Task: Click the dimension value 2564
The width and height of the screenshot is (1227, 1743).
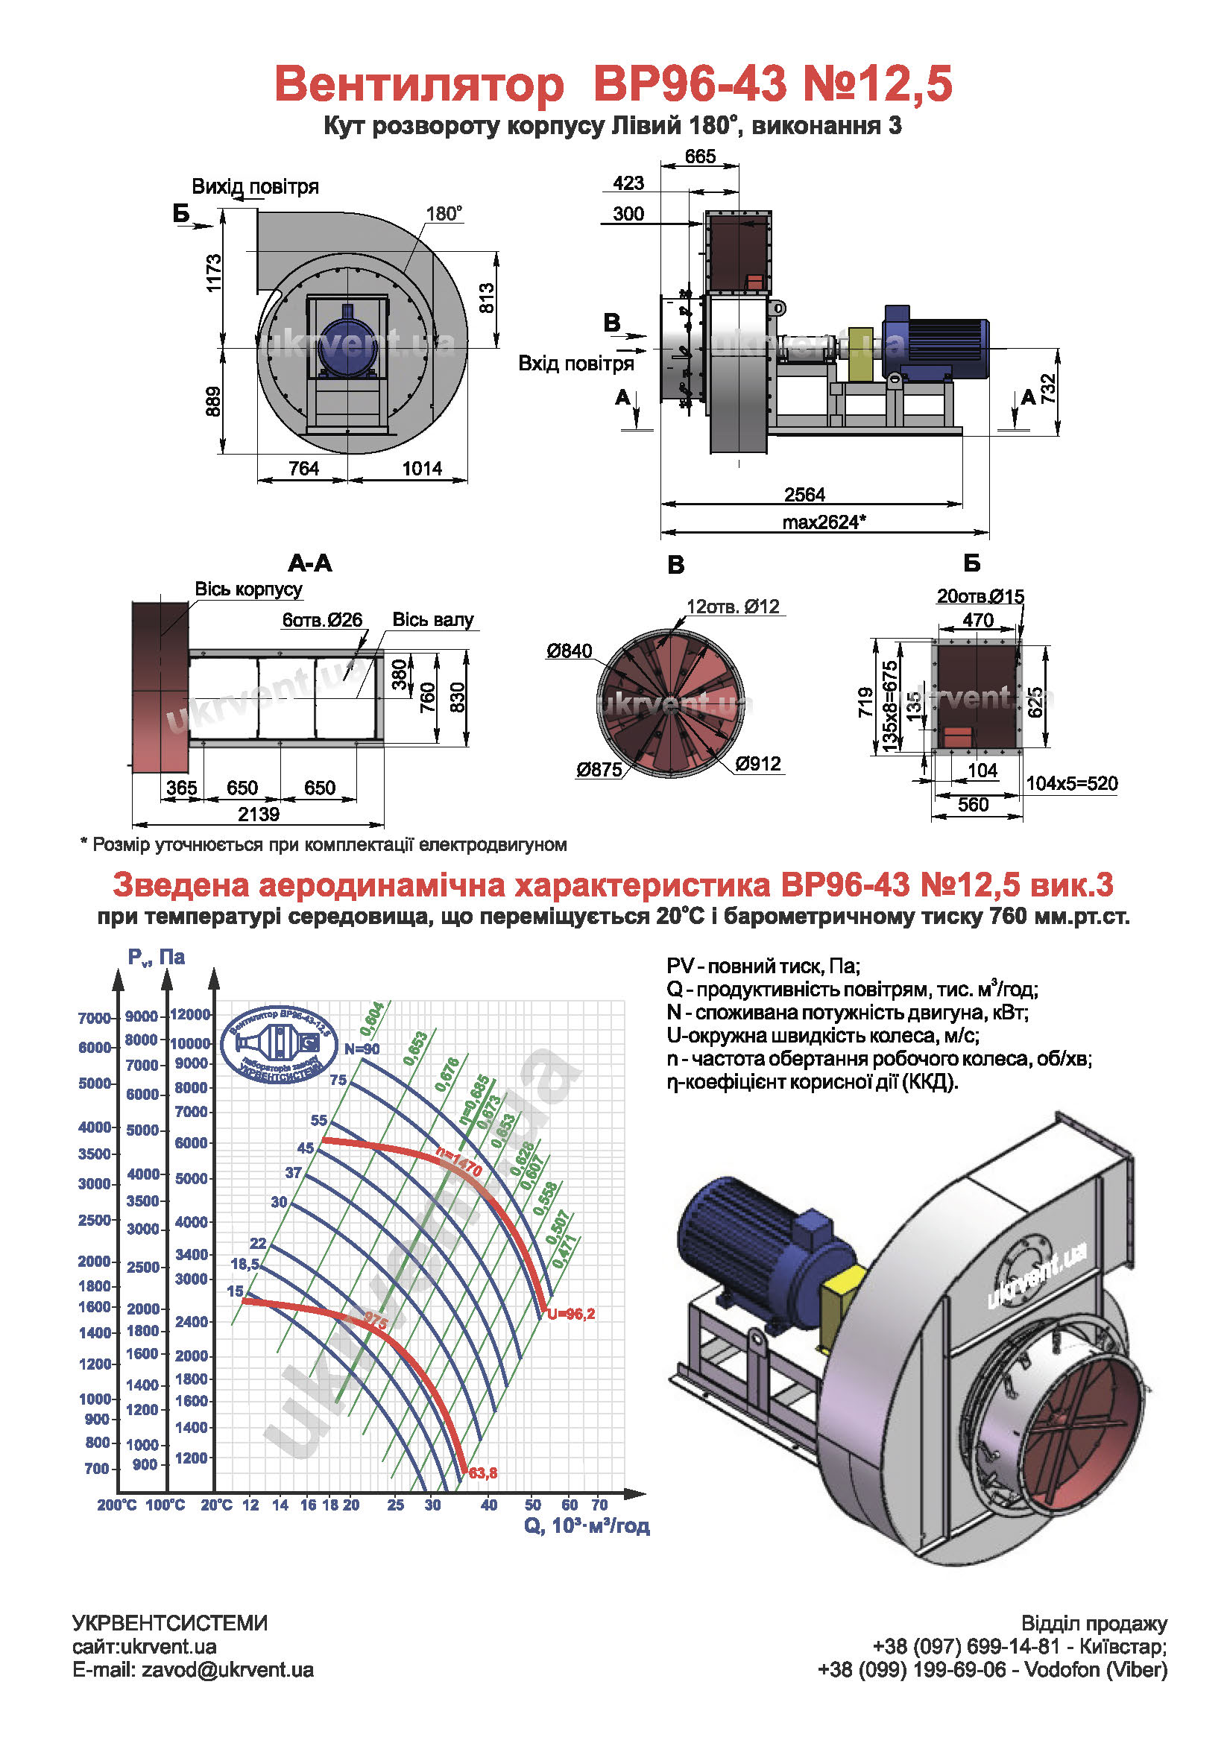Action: [804, 494]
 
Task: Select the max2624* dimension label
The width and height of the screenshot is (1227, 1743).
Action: [824, 522]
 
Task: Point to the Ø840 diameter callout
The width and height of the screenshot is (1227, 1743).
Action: [569, 651]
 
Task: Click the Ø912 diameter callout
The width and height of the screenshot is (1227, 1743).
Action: [758, 763]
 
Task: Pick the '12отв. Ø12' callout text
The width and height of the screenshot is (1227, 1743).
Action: [733, 606]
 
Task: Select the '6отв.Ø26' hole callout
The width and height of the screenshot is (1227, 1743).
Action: [322, 619]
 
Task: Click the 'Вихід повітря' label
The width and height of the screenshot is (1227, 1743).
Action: [255, 186]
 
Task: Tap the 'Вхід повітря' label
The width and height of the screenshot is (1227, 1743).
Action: [575, 363]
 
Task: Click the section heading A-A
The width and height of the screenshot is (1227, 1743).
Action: [310, 563]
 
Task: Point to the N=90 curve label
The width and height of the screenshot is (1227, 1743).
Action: [362, 1048]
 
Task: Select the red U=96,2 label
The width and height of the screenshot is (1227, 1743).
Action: [571, 1313]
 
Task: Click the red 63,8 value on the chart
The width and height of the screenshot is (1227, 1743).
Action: [483, 1472]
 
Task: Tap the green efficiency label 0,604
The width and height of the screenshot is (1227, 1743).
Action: [372, 1019]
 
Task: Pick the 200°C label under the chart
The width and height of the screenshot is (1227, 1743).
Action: [116, 1505]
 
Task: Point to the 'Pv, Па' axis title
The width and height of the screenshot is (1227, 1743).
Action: [157, 957]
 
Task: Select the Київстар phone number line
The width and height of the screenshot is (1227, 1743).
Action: [1020, 1646]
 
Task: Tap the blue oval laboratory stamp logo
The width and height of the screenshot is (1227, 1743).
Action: [280, 1043]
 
